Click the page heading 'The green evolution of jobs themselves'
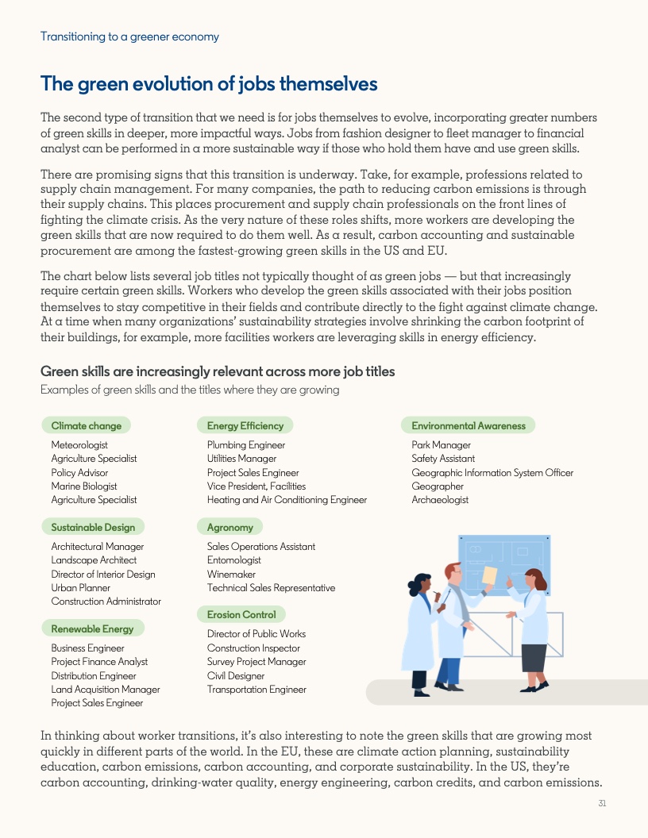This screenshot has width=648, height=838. coord(209,83)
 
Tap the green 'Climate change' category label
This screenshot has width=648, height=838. coord(86,425)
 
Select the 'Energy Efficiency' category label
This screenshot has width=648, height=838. coord(245,425)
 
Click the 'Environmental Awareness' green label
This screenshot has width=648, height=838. coord(468,425)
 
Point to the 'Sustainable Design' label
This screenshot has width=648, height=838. coord(93,527)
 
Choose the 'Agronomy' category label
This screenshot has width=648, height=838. coord(229,527)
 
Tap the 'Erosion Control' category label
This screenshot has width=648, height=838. coord(241,614)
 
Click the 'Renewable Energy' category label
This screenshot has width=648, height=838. coord(92,628)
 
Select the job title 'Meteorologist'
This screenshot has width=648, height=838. coord(79,445)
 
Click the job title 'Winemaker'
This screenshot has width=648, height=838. coord(231,574)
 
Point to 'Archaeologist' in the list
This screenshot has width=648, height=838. coord(440,500)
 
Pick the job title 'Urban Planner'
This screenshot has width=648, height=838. coord(81,588)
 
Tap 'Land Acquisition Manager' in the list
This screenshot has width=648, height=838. coord(106,690)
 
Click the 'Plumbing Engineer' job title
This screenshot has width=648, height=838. coord(246,445)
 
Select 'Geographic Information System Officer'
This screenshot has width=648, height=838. coord(492,472)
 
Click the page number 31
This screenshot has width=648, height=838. coord(602,803)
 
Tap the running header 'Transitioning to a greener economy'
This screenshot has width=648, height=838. coord(129,37)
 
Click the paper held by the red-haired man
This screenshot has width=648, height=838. coord(489,575)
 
